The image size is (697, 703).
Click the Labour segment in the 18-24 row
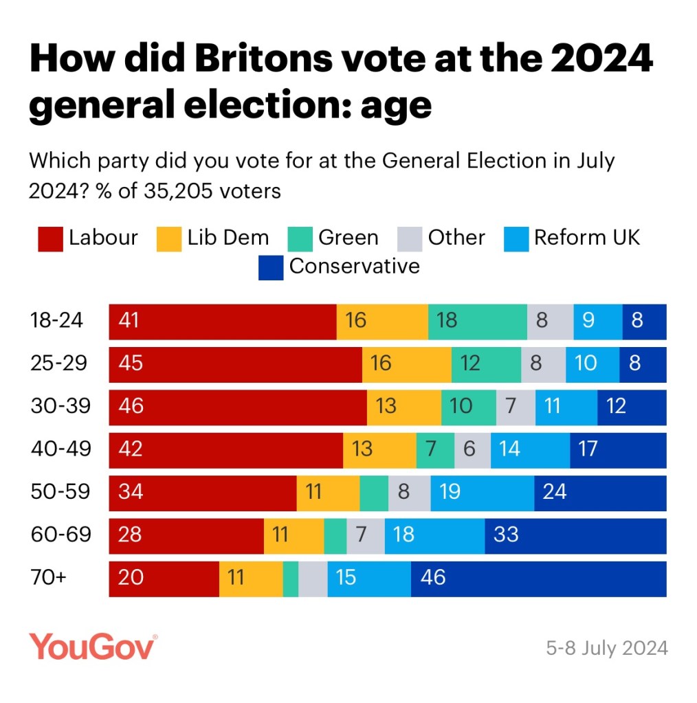tap(223, 322)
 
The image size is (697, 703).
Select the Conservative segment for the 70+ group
tap(538, 579)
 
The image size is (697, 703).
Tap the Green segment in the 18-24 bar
tap(477, 322)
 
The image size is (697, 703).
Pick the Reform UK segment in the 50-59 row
tap(482, 493)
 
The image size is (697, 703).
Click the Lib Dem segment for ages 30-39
tap(403, 407)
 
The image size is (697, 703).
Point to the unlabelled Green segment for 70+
tap(291, 579)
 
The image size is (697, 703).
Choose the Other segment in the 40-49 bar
tap(472, 450)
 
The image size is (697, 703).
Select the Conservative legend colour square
tap(270, 267)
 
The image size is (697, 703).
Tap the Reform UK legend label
tap(586, 238)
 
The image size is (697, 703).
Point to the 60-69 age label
tap(60, 535)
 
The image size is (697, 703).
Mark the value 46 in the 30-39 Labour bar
tap(131, 406)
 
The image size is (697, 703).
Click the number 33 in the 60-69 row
tap(506, 535)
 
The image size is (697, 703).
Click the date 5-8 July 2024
tap(606, 648)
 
